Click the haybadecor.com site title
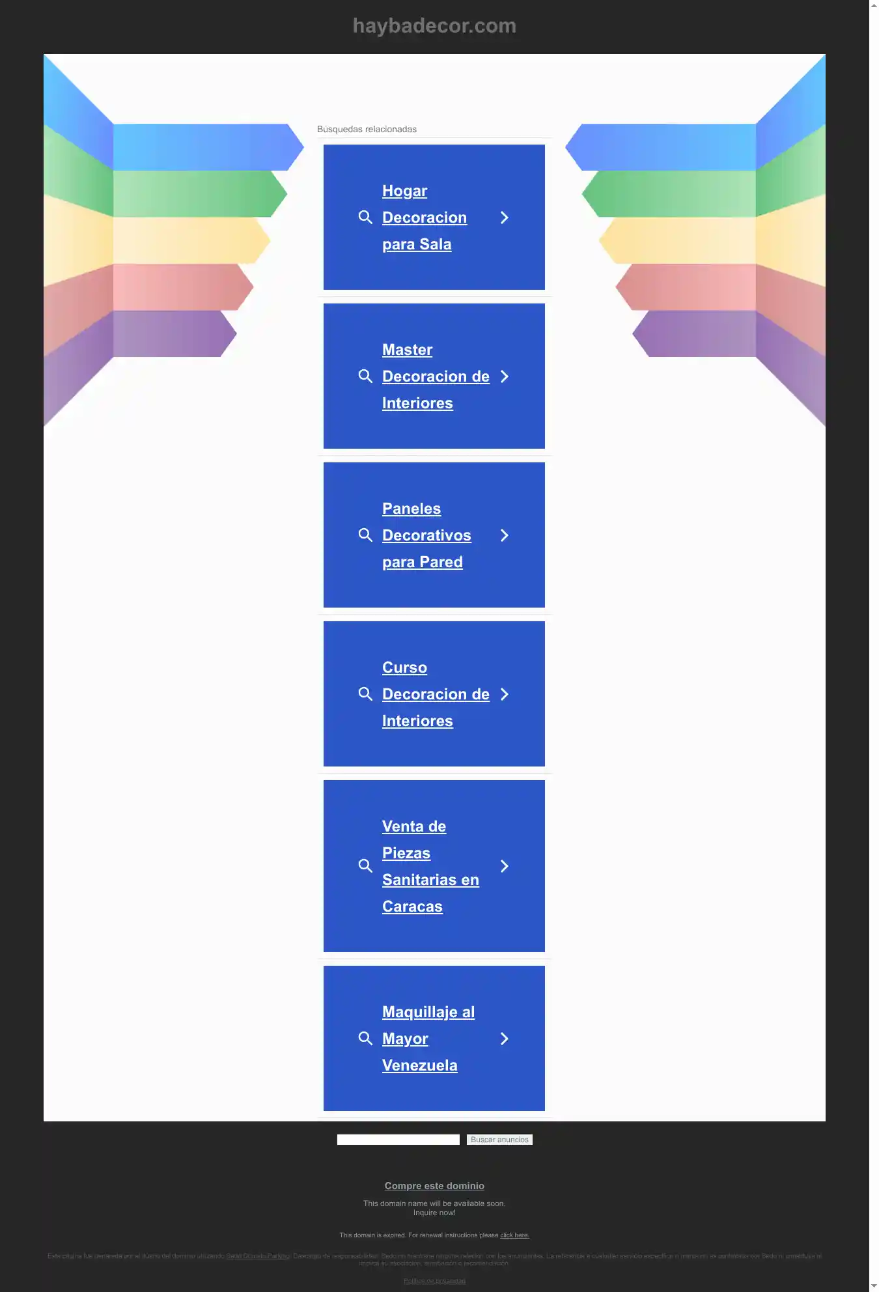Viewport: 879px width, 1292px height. point(434,26)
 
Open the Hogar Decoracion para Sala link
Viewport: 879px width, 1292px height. point(424,218)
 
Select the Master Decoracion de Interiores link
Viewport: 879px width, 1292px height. point(435,376)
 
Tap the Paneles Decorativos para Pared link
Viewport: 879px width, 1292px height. point(426,535)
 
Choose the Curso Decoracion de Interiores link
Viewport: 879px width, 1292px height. point(435,694)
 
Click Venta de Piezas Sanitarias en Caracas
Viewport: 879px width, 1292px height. point(430,866)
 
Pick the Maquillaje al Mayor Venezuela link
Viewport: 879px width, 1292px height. point(428,1039)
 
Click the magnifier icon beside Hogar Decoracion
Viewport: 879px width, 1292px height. point(365,218)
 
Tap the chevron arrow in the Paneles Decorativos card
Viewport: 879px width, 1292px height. point(505,535)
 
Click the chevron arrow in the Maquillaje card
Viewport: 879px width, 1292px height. point(505,1039)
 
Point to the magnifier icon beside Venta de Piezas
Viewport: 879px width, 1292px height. point(365,866)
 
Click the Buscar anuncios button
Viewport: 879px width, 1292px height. point(499,1140)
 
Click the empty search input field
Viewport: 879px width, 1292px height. point(398,1140)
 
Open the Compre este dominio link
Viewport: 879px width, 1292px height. point(434,1186)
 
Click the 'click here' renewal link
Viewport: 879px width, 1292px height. point(514,1235)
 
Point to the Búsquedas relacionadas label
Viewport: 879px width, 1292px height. point(367,129)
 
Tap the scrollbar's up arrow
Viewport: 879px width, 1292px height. point(874,5)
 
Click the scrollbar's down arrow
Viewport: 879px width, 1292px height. point(874,1286)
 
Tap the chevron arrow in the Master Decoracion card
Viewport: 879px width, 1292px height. point(505,376)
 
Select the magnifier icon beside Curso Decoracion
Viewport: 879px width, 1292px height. point(365,694)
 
